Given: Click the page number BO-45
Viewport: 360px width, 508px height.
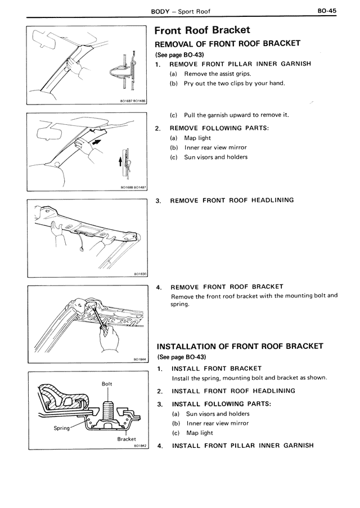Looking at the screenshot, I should point(327,10).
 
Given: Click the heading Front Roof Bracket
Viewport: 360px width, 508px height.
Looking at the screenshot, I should point(202,30).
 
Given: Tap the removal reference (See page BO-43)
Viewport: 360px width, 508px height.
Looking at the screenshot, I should point(179,55).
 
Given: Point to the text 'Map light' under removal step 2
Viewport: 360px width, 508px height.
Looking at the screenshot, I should point(197,138).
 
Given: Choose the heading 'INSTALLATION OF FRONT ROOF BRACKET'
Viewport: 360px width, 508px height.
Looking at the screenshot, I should point(240,346).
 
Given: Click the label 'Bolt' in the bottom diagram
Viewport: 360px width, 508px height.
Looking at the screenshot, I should point(107,384).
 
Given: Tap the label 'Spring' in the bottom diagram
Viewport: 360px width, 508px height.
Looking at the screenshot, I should point(62,428).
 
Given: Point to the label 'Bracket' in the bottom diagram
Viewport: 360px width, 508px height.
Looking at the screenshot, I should point(127,439).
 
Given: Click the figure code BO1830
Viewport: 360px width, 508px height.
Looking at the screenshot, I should point(140,274).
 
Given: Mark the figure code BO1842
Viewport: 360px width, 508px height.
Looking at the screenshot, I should point(140,446).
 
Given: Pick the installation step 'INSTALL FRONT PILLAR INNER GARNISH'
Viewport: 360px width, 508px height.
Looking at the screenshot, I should point(242,446).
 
